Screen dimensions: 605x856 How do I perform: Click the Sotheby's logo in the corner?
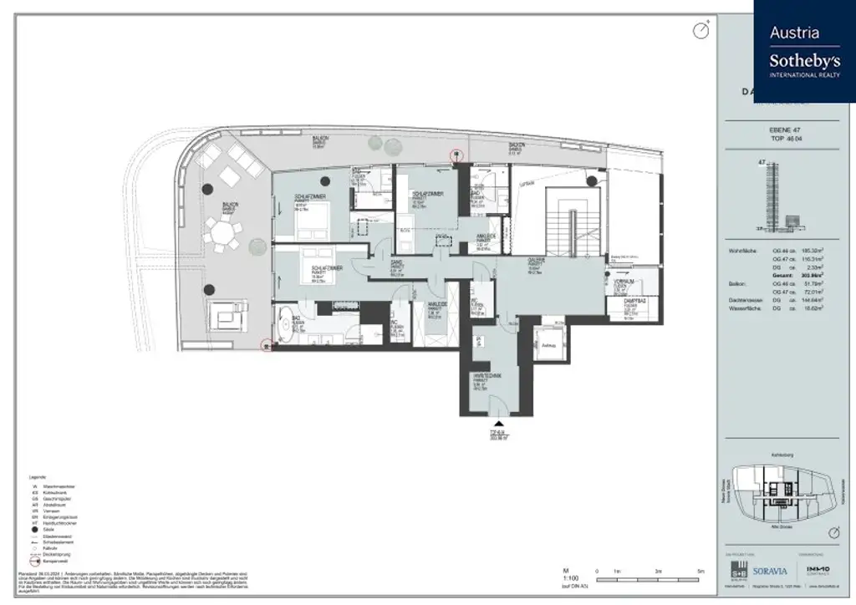(x=804, y=51)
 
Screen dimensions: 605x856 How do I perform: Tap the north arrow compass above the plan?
(x=701, y=31)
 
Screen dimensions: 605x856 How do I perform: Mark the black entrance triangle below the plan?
(x=499, y=425)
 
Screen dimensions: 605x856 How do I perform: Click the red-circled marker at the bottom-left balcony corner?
(x=267, y=343)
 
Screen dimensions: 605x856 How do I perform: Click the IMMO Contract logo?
(x=817, y=572)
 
